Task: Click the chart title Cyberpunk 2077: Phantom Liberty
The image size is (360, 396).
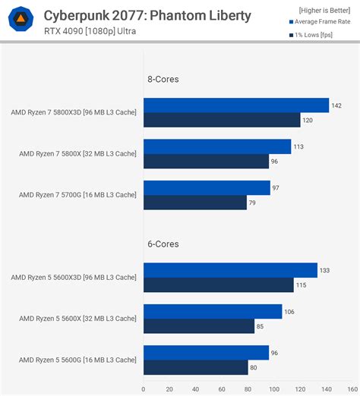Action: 147,15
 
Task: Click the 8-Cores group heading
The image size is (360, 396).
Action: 163,78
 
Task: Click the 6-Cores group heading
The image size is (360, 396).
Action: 163,244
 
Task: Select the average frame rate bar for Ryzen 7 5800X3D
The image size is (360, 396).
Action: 235,105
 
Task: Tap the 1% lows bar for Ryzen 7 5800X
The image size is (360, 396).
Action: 206,162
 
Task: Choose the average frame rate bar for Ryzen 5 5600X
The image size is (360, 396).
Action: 212,312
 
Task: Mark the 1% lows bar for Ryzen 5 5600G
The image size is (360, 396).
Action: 195,367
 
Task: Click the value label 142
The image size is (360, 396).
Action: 336,105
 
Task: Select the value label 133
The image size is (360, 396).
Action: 325,271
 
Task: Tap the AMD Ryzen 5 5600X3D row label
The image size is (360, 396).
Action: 74,278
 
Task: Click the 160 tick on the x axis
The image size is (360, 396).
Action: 352,390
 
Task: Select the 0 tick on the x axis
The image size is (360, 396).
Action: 143,390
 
